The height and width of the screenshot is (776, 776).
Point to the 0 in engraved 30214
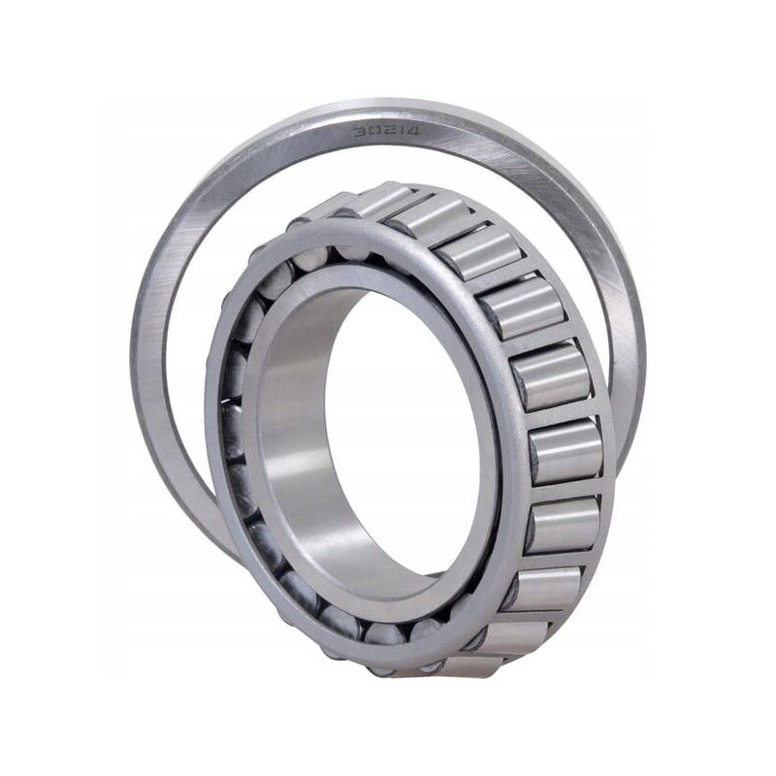(x=372, y=130)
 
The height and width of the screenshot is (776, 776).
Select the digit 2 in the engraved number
(x=386, y=130)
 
